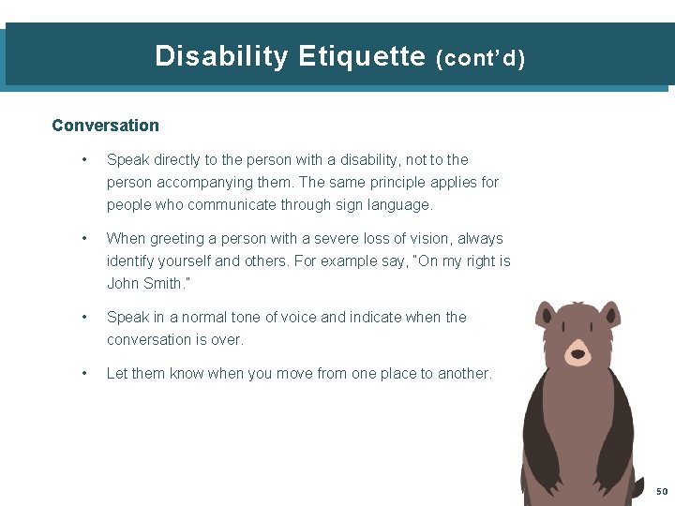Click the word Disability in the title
(221, 56)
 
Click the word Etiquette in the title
(362, 56)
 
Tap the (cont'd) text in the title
(481, 58)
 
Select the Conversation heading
(105, 126)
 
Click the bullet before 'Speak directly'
(84, 160)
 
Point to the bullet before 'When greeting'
(84, 239)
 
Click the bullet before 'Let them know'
(84, 374)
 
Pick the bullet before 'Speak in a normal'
(84, 318)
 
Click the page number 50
(662, 492)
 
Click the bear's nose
(577, 354)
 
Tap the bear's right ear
(609, 313)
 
